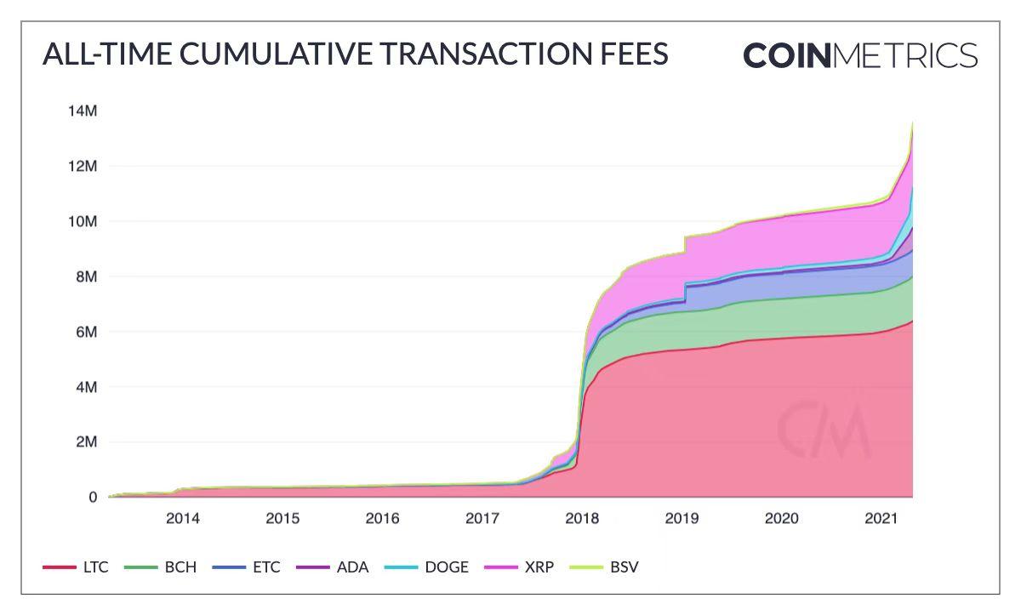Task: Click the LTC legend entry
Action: point(77,567)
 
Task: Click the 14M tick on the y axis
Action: point(83,111)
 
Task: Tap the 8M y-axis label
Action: point(87,276)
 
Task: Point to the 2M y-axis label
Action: point(87,442)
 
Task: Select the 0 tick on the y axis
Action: point(93,498)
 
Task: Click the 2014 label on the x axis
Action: point(183,518)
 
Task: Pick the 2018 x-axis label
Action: point(582,518)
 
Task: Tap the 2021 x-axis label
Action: point(881,518)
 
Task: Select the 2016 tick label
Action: point(383,518)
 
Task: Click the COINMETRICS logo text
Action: point(860,55)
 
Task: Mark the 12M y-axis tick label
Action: point(83,166)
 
